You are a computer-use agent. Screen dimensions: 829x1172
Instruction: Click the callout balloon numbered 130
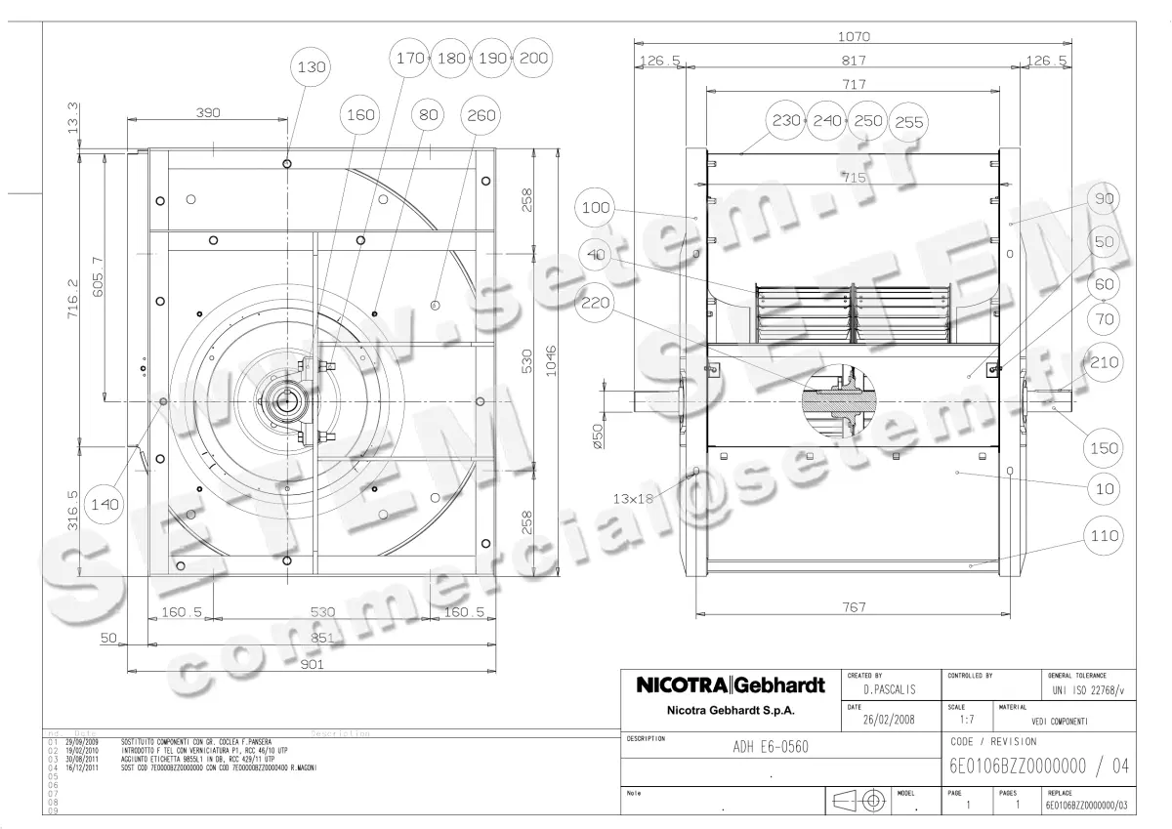[314, 67]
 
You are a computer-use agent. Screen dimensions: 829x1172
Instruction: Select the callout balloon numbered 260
[481, 115]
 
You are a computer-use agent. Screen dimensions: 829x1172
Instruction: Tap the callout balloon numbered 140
[105, 504]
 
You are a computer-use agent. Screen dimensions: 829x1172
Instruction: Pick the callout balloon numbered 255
[908, 122]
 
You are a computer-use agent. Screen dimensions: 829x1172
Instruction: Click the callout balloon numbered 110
[1105, 536]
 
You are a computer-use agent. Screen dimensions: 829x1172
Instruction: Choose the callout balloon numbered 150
[1105, 448]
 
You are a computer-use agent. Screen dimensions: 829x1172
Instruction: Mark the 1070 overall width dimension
[854, 37]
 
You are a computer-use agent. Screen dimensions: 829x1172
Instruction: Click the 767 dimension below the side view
[853, 607]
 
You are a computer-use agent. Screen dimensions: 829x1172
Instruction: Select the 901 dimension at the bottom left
[311, 664]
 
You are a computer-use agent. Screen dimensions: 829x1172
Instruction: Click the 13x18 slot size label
[633, 497]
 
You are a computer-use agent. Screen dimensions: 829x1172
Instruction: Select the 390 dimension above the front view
[208, 113]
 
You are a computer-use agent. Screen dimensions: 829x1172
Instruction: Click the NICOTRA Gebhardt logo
[731, 685]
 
